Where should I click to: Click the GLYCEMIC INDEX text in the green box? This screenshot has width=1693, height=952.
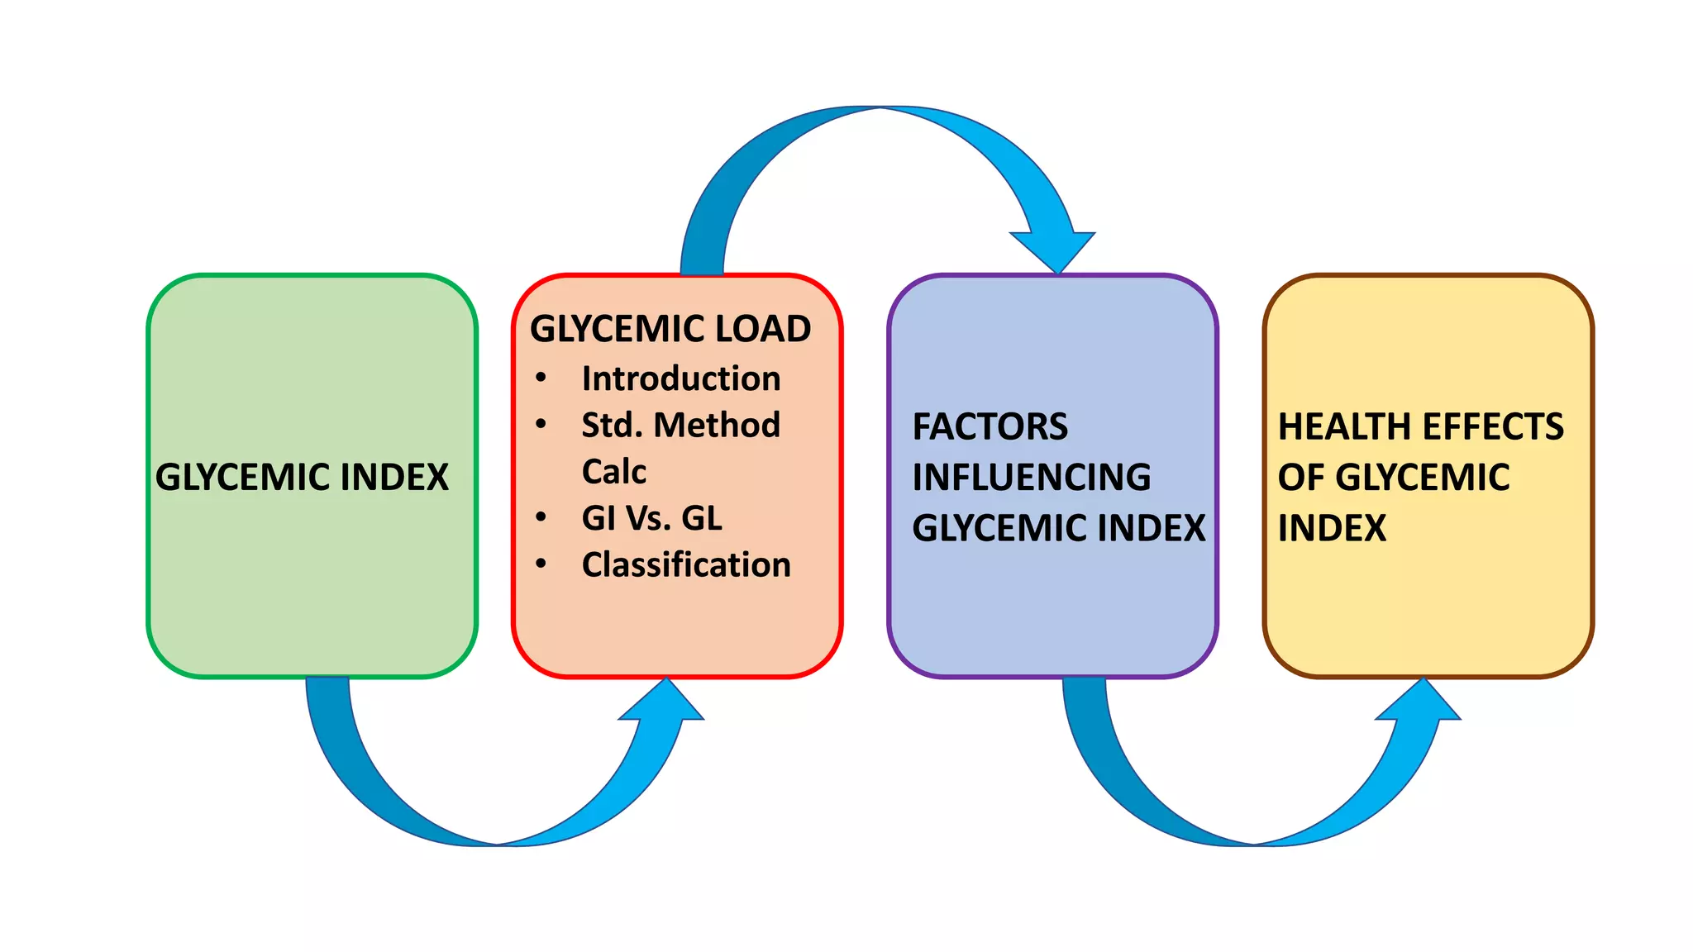302,477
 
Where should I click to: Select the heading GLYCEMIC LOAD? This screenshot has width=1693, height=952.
670,328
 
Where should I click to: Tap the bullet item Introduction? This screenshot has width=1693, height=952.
681,378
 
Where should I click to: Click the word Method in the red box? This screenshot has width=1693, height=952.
717,425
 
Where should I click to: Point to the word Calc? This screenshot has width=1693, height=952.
614,472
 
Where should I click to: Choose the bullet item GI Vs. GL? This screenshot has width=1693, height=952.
651,518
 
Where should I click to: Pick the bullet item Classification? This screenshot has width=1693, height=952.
686,565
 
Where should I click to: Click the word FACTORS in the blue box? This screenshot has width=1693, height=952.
990,426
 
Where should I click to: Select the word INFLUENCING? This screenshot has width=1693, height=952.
1032,477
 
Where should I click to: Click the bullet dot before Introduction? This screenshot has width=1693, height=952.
541,378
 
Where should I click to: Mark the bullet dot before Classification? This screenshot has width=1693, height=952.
541,564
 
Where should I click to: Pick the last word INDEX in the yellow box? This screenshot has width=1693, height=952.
1332,528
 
